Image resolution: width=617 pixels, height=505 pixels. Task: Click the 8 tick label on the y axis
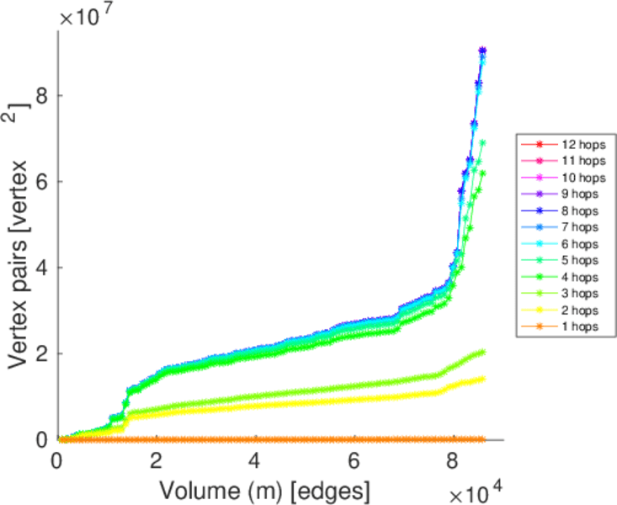coord(40,95)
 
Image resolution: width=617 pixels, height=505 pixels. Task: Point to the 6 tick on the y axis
coord(40,181)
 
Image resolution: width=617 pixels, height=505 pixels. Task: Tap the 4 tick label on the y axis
coord(40,267)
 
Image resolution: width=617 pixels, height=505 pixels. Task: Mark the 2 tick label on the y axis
coord(40,353)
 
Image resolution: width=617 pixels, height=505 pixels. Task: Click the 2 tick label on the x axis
coord(157,461)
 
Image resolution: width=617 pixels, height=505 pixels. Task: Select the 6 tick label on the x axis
coord(354,461)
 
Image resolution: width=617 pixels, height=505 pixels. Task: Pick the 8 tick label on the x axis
coord(453,461)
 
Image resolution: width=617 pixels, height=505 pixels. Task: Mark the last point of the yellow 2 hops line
coord(482,379)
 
